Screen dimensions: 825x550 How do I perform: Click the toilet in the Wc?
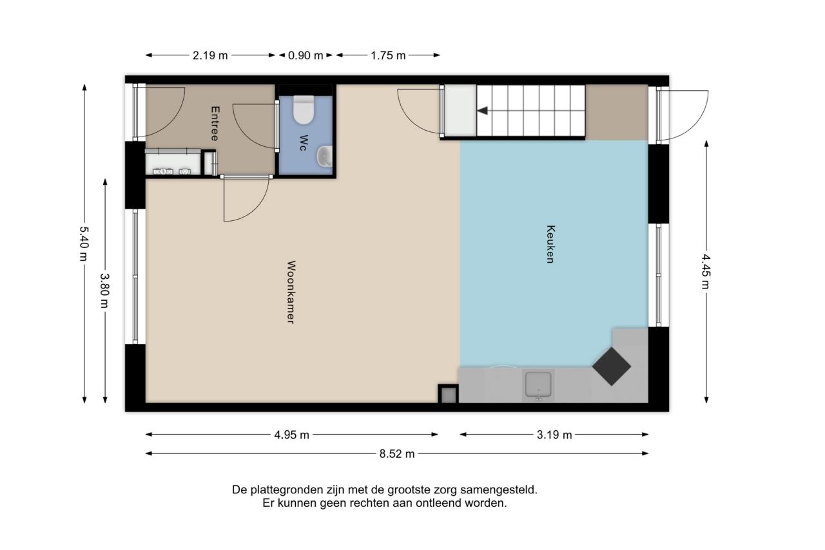click(x=304, y=109)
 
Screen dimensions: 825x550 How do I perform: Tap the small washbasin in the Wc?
click(x=324, y=156)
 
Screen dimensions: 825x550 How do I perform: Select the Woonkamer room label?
click(x=291, y=292)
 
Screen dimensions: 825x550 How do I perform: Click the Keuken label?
click(x=550, y=244)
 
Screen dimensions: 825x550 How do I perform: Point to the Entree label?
click(x=215, y=123)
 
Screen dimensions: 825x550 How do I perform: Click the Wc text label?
click(x=304, y=143)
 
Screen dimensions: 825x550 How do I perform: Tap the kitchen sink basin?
click(x=538, y=384)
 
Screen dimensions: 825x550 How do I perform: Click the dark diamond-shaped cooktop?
click(x=612, y=366)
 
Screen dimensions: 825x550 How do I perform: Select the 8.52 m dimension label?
click(x=397, y=454)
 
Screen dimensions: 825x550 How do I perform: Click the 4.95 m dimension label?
click(x=291, y=435)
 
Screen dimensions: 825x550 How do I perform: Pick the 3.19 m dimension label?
click(x=554, y=435)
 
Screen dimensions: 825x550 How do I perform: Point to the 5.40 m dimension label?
click(x=84, y=243)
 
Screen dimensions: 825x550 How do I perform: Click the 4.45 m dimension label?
click(x=706, y=271)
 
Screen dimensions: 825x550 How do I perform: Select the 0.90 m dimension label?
click(x=306, y=55)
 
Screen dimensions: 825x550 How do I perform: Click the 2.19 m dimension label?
click(x=210, y=55)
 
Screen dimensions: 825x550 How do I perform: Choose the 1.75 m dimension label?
click(x=388, y=55)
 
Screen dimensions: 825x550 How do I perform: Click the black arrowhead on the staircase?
click(x=482, y=110)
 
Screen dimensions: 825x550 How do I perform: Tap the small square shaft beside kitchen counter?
click(x=448, y=394)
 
